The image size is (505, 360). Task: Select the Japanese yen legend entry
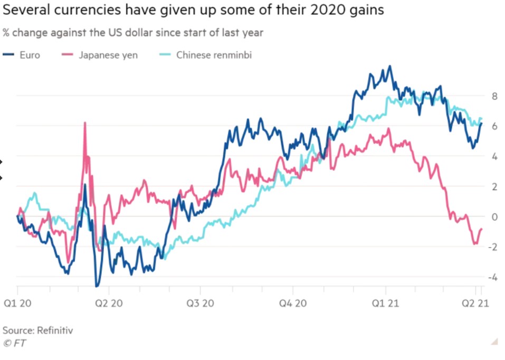click(x=99, y=54)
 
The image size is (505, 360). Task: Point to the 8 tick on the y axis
click(x=494, y=96)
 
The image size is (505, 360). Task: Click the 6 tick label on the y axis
click(x=494, y=126)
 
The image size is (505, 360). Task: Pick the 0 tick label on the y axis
click(x=494, y=216)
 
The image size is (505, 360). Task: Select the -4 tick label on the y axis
click(x=493, y=277)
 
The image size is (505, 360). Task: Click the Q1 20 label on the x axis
click(x=18, y=304)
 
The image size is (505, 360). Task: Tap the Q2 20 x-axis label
click(x=109, y=304)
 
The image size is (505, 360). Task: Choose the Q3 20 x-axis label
click(x=201, y=304)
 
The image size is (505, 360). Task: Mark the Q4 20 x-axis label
click(x=293, y=304)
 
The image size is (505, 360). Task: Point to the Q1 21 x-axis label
click(x=386, y=304)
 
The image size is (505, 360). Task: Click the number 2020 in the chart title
click(x=340, y=10)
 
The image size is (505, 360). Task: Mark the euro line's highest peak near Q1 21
click(x=389, y=66)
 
